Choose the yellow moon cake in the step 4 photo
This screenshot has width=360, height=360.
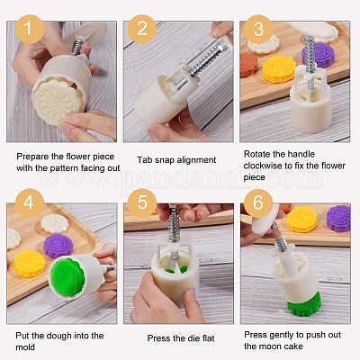(30, 263)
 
